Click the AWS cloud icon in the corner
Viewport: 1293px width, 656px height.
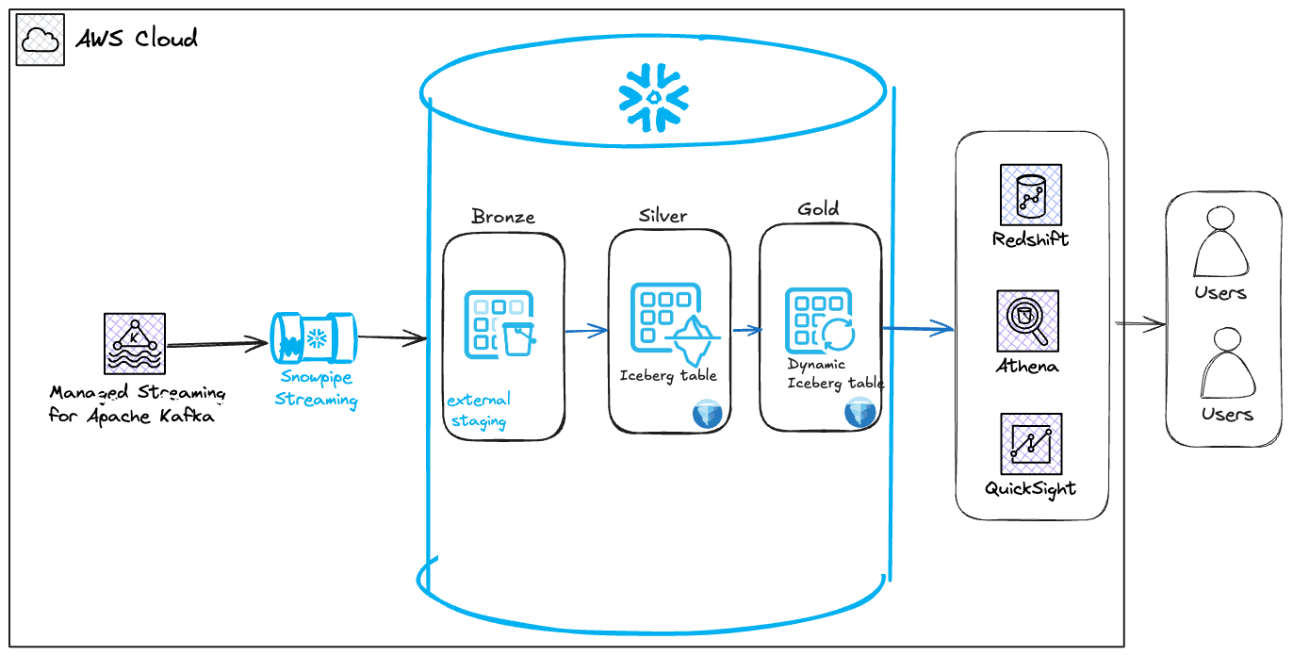(x=40, y=40)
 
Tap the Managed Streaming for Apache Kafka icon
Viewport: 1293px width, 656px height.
(x=135, y=344)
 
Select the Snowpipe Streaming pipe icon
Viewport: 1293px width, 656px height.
(x=314, y=338)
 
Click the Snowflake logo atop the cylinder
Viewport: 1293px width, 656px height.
(x=653, y=98)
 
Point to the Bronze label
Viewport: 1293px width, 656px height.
(x=502, y=217)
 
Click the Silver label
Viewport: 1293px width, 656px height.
(x=663, y=216)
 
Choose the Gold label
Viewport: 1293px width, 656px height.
(x=819, y=208)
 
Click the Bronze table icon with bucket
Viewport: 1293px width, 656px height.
(x=499, y=324)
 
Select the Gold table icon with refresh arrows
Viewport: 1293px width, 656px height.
(x=820, y=320)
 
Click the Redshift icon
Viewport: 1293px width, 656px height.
(x=1030, y=194)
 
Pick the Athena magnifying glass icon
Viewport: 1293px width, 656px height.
(x=1027, y=320)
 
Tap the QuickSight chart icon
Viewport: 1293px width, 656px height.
(x=1031, y=444)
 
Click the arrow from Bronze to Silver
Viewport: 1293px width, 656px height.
(x=586, y=330)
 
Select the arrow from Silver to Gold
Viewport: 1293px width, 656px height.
(x=747, y=330)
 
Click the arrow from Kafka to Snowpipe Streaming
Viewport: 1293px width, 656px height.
(x=217, y=344)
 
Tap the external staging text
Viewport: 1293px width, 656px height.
(x=479, y=411)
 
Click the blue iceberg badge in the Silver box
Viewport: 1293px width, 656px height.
(x=707, y=414)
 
